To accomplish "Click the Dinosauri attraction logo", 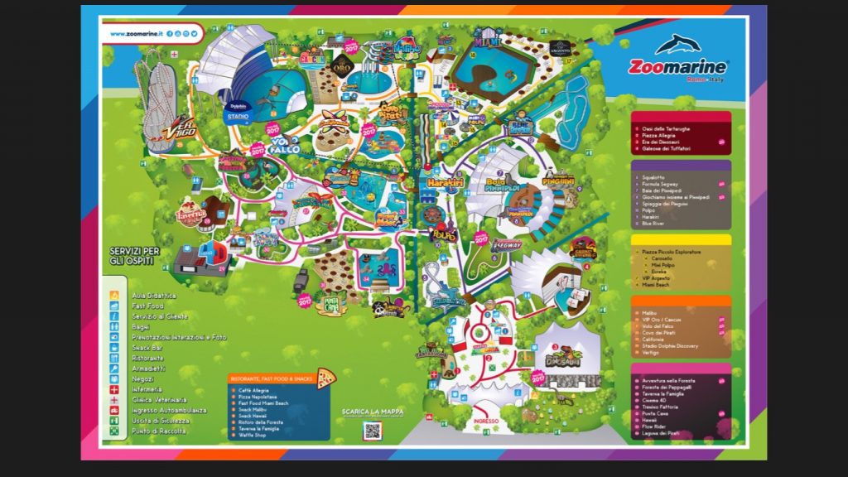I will pos(564,359).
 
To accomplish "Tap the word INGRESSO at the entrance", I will pos(486,421).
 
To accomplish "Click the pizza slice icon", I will pos(326,378).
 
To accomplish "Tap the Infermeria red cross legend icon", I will pos(115,389).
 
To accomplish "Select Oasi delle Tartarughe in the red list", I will pos(666,128).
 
